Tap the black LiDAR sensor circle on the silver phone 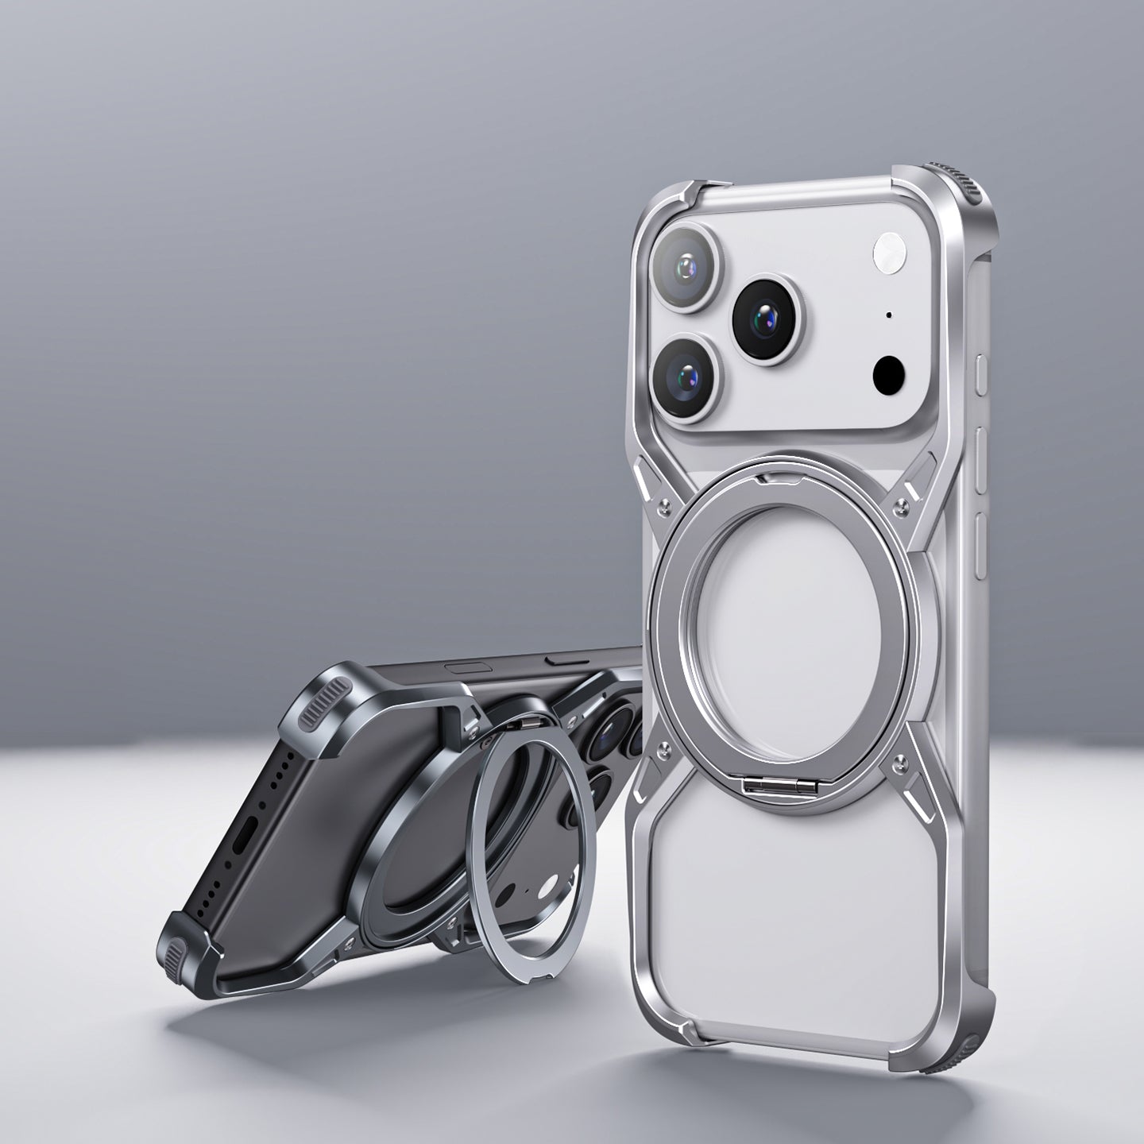click(890, 372)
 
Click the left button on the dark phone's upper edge click(461, 667)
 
